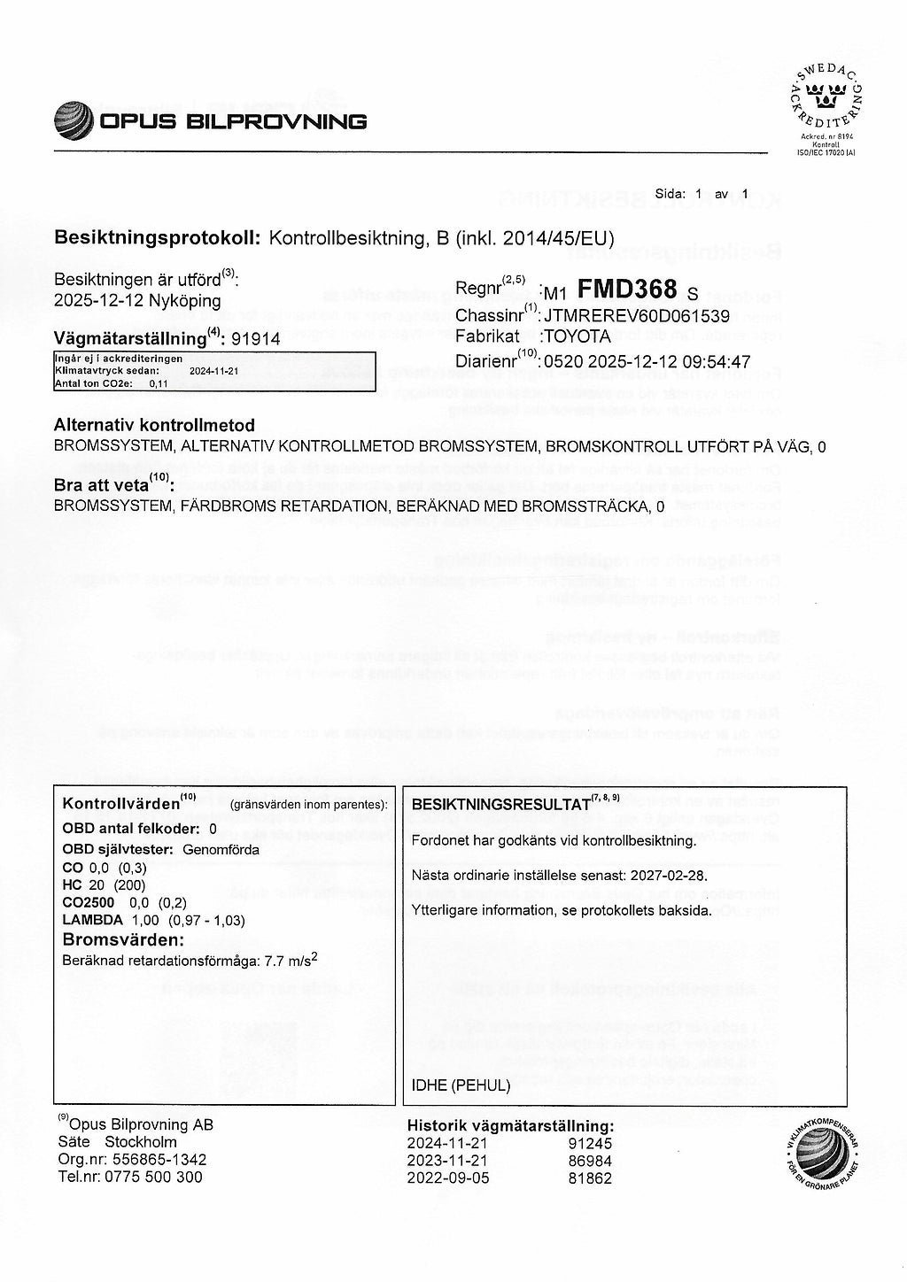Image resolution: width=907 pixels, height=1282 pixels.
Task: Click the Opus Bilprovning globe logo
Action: [x=74, y=120]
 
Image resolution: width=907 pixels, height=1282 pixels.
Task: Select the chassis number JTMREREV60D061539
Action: [x=636, y=314]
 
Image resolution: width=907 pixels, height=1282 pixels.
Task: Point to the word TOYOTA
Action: [x=578, y=336]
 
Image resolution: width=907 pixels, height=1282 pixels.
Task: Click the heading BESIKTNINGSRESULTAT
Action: [x=501, y=806]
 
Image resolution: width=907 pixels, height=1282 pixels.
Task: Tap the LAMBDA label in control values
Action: [x=92, y=920]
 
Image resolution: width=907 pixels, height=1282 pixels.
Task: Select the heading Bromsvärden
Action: [x=123, y=939]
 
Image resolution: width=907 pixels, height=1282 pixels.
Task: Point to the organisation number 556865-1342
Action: [x=157, y=1160]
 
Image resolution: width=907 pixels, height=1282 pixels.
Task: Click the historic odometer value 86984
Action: [x=590, y=1160]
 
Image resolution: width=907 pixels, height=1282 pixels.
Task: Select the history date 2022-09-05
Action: [x=447, y=1178]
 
